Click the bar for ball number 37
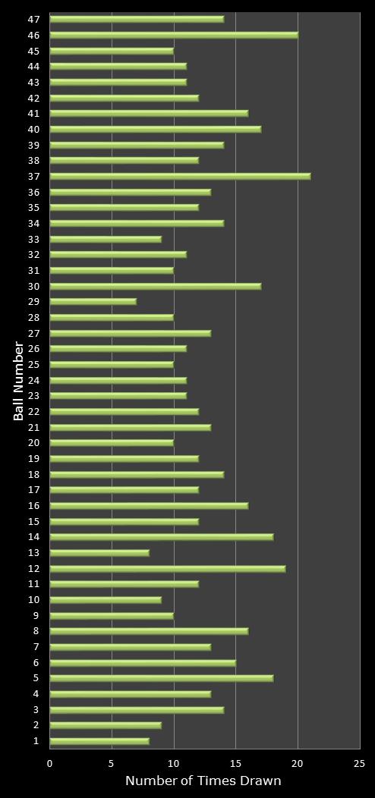click(180, 176)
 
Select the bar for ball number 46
click(174, 35)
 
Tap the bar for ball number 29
click(93, 301)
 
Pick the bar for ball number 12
click(167, 568)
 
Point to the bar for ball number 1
click(99, 741)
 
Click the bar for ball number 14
click(161, 537)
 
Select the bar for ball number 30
click(155, 286)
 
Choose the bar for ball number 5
click(161, 678)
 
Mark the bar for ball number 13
click(99, 553)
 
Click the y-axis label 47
click(34, 19)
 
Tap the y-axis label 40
click(34, 129)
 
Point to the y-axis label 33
click(34, 239)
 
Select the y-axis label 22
click(34, 411)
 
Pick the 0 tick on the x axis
click(50, 765)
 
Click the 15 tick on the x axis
click(235, 765)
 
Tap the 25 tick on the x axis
click(359, 765)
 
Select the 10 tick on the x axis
click(174, 765)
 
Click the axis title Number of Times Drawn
click(203, 781)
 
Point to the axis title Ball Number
click(19, 380)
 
